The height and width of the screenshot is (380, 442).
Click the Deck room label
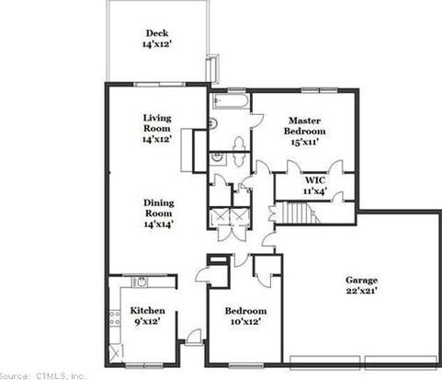(157, 33)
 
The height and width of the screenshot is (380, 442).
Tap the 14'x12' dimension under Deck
(156, 44)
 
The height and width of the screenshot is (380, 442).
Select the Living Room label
(157, 123)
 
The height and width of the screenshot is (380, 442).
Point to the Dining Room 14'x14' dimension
(159, 225)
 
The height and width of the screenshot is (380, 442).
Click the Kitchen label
(148, 310)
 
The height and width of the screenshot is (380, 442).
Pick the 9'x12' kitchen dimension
(148, 321)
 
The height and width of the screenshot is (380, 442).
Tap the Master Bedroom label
(305, 126)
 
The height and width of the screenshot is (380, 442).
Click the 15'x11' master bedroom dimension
(305, 142)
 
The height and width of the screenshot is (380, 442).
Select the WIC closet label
(315, 179)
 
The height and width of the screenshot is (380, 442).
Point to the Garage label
(361, 280)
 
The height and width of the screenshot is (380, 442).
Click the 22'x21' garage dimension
(361, 291)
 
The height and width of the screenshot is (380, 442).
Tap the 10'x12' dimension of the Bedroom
(245, 322)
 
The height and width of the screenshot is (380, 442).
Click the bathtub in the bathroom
(232, 100)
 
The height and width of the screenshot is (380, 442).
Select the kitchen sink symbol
(141, 282)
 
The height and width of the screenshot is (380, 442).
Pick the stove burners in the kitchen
(115, 318)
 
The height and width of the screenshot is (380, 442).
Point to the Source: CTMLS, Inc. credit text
(43, 375)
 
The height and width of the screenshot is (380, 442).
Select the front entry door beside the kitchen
(194, 337)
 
